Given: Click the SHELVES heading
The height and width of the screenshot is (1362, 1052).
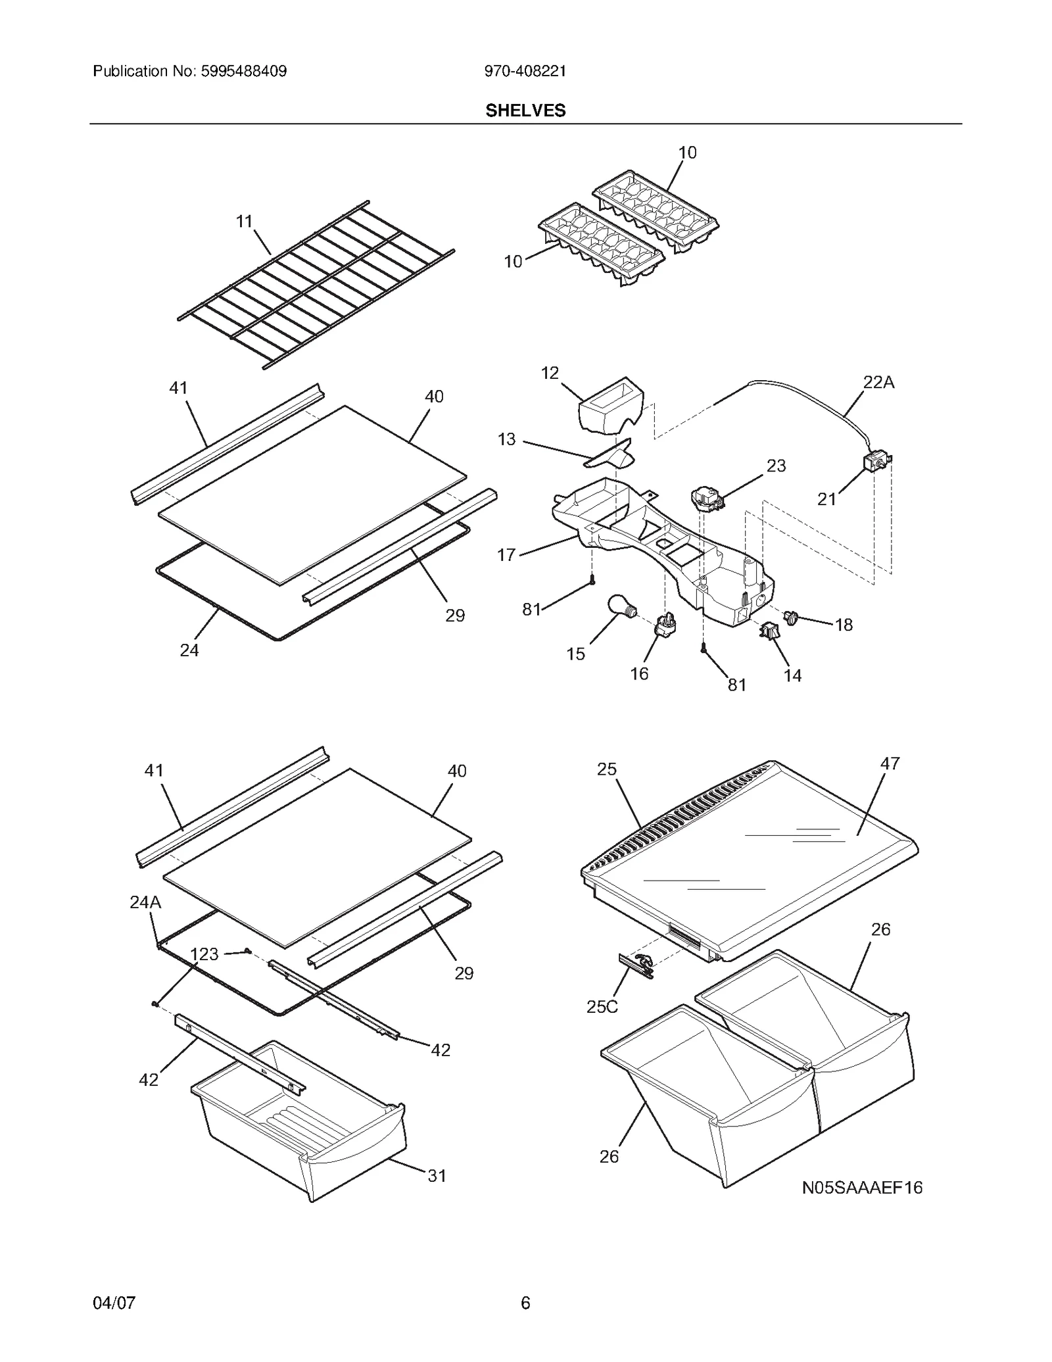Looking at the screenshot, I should pyautogui.click(x=525, y=110).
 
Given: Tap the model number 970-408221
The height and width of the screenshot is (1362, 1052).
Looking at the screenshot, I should pyautogui.click(x=525, y=71).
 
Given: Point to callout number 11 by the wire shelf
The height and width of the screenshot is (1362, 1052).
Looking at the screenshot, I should pyautogui.click(x=245, y=222).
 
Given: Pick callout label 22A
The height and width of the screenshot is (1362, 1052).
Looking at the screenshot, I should pyautogui.click(x=878, y=382).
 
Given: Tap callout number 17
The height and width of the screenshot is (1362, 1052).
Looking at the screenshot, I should pyautogui.click(x=506, y=555).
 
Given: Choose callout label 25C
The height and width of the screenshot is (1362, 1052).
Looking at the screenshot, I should pyautogui.click(x=602, y=1006).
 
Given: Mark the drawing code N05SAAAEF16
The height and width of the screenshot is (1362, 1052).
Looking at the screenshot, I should pyautogui.click(x=862, y=1188).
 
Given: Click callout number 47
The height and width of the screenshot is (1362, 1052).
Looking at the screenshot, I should pyautogui.click(x=890, y=764).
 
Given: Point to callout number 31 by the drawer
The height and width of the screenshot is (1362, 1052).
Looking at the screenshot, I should pyautogui.click(x=437, y=1176).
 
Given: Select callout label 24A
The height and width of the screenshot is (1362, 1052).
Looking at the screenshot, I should pyautogui.click(x=145, y=902).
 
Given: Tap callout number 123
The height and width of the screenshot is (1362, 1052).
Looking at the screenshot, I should pyautogui.click(x=204, y=954).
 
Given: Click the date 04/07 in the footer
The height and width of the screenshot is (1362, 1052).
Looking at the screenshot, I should pyautogui.click(x=114, y=1303).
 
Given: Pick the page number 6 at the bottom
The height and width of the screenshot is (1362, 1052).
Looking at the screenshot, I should pyautogui.click(x=525, y=1303).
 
